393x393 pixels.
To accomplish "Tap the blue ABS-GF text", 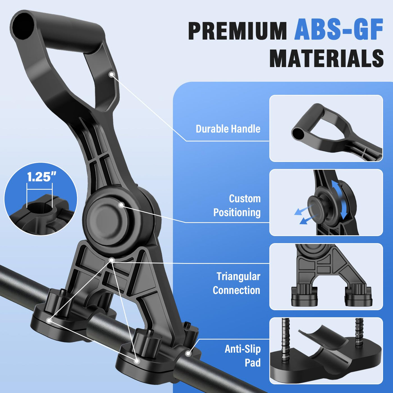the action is point(339,29).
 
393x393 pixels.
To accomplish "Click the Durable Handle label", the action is point(228,129).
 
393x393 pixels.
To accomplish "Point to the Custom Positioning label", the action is point(237,205).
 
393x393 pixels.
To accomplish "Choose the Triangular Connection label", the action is point(237,284).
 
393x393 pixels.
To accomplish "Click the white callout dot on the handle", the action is point(111,74).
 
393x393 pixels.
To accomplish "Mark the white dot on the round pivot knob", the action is point(122,205).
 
